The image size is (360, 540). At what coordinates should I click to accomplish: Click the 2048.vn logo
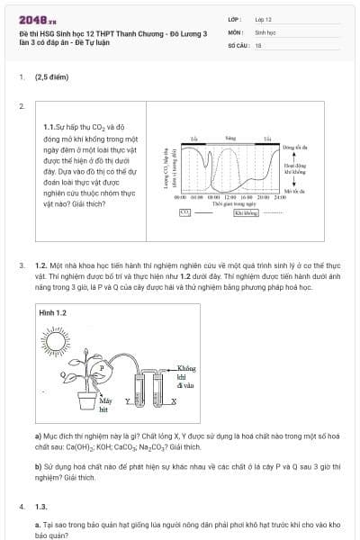(31, 17)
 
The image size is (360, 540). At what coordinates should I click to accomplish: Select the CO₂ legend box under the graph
(184, 212)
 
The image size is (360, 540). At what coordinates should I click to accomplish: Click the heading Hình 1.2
(53, 311)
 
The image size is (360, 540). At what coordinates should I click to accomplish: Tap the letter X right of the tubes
(174, 400)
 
